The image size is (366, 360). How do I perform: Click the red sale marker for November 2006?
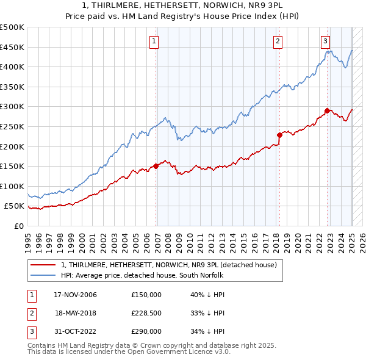[156, 165]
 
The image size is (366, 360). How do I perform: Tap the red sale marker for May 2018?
[279, 135]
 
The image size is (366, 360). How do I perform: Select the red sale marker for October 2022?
[327, 110]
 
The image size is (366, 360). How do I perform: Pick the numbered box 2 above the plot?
[278, 41]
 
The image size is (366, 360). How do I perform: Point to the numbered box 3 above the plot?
[326, 41]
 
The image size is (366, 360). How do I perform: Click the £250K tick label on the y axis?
[12, 126]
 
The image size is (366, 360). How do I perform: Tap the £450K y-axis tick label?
[12, 47]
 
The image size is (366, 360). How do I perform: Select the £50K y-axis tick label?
[14, 206]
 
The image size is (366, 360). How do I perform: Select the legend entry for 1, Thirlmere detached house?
[169, 265]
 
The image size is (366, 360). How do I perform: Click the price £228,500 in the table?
[146, 313]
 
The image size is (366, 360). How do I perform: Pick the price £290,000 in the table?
[146, 331]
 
